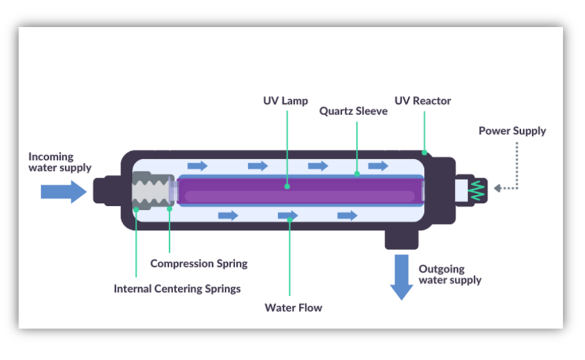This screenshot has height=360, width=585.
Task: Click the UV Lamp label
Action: (285, 101)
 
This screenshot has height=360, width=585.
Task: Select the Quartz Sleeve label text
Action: (353, 111)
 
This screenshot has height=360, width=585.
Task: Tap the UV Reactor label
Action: (423, 101)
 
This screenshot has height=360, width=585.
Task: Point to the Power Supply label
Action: (512, 131)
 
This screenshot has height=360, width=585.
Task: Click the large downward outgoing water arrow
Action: (401, 277)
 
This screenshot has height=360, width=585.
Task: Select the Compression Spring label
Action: (199, 264)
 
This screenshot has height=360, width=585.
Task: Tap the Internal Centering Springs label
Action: (177, 288)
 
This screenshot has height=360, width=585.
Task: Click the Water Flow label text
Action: (293, 308)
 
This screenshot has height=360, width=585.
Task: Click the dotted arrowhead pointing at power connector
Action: (497, 188)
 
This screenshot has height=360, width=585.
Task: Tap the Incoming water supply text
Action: (60, 162)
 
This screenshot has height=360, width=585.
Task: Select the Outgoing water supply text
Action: (450, 275)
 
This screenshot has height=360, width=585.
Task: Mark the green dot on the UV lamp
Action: (286, 186)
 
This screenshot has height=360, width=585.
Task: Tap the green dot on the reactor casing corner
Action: (424, 152)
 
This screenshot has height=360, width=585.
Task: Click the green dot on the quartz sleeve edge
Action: (357, 173)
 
